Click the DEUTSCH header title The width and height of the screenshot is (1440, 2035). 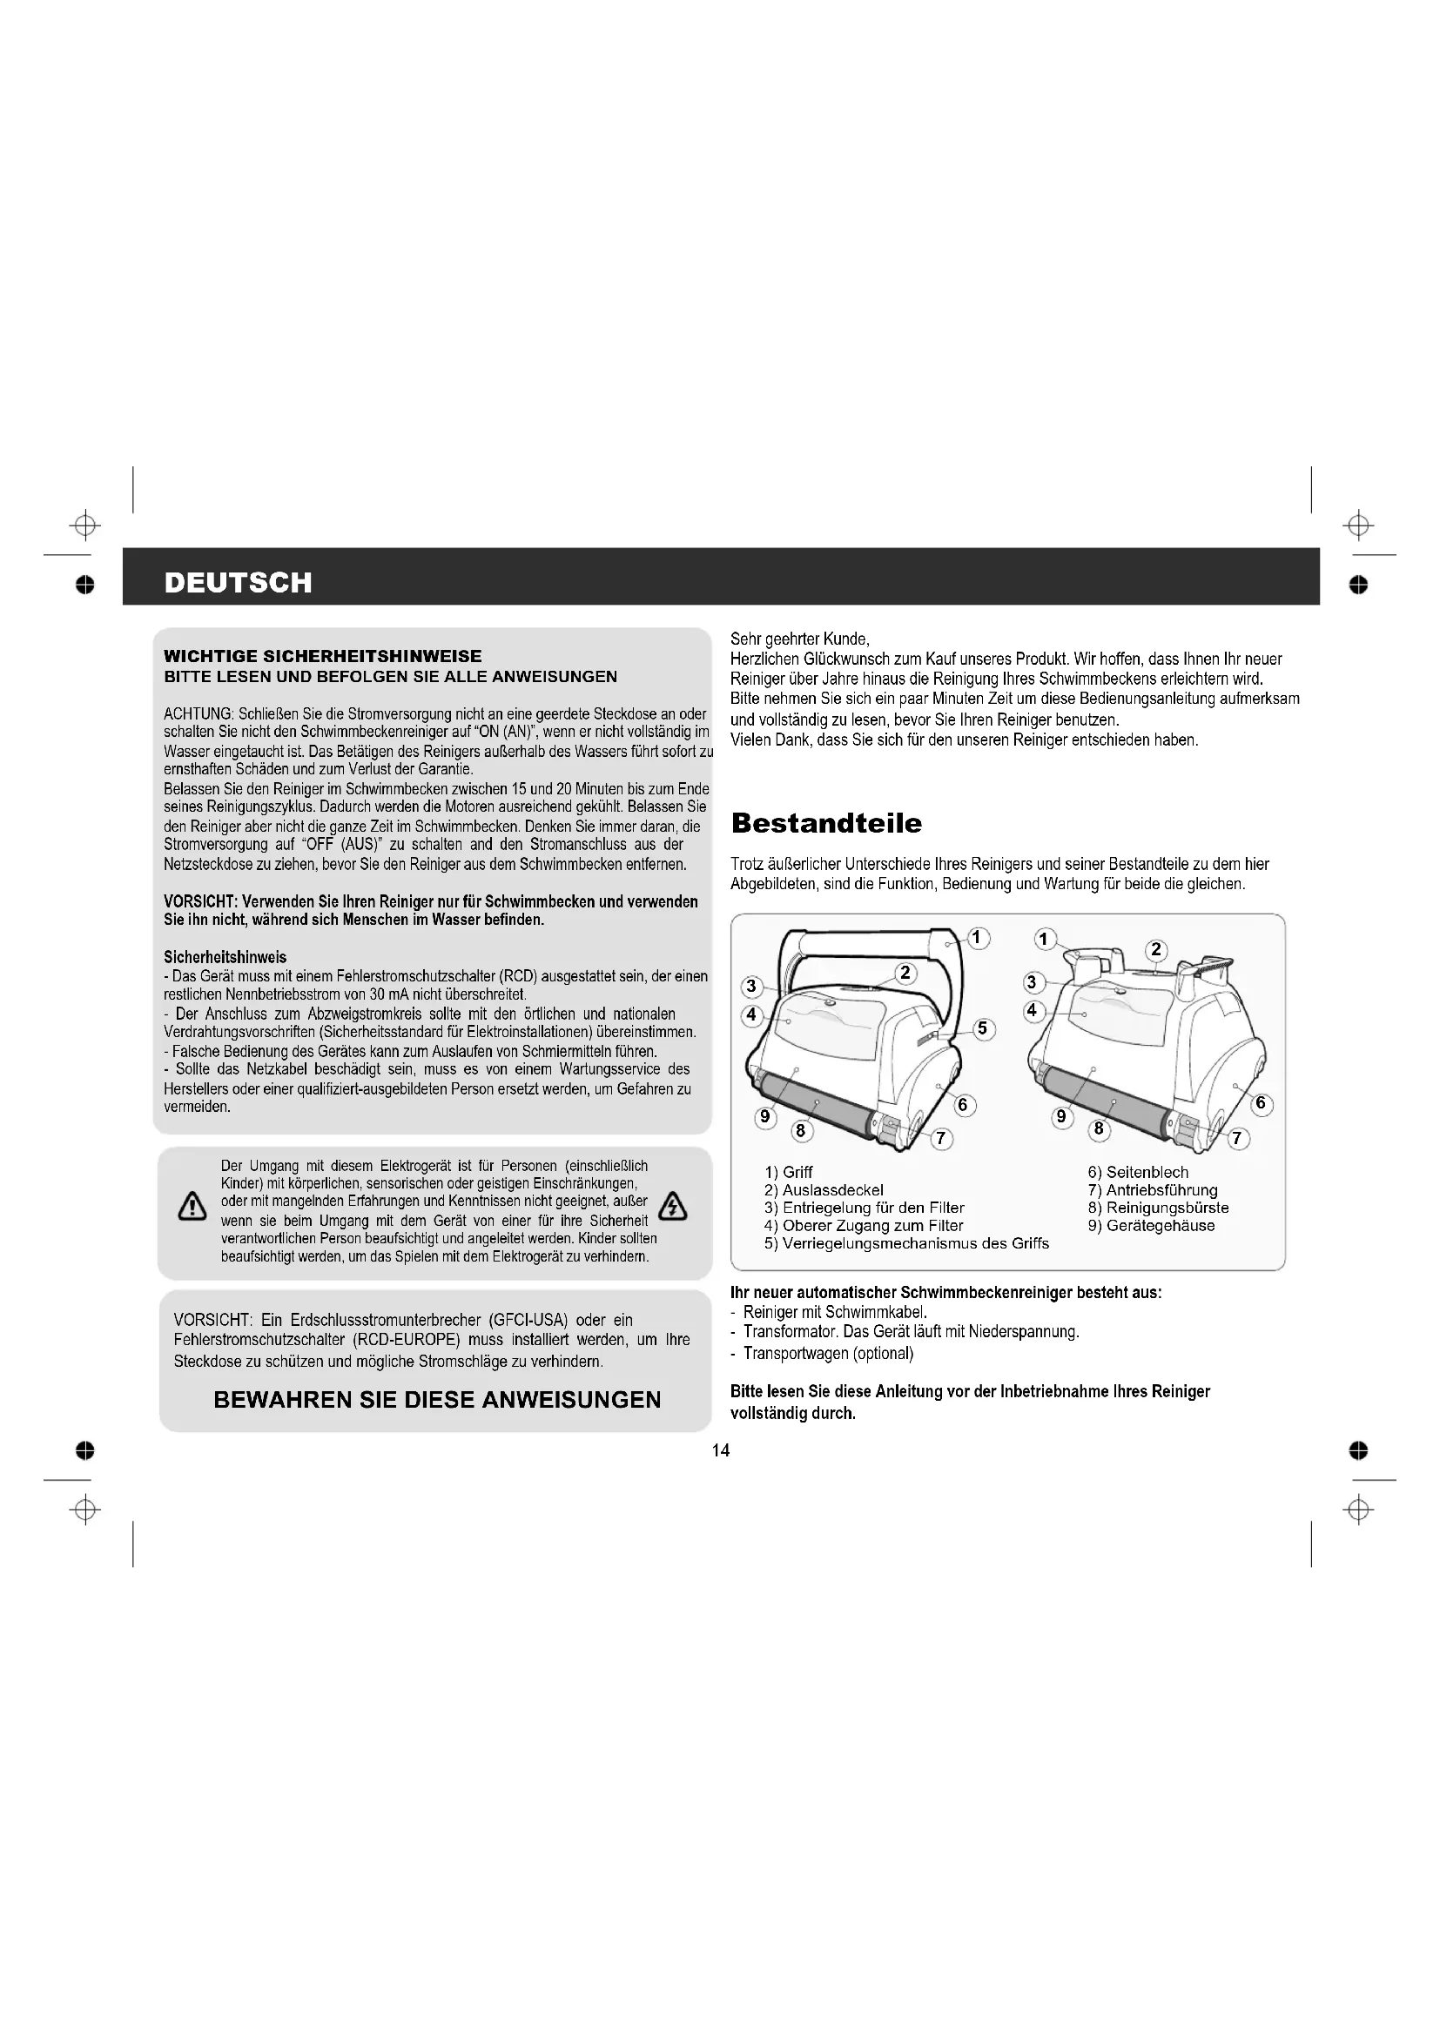tap(239, 582)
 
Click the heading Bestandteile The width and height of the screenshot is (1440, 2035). tap(825, 822)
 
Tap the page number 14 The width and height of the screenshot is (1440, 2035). tap(720, 1450)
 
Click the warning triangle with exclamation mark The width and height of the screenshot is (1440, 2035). tap(192, 1208)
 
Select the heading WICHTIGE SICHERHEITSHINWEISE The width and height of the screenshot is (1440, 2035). tap(323, 656)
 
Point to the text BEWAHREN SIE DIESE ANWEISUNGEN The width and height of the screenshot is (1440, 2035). tap(437, 1400)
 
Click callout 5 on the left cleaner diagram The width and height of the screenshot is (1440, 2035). tap(981, 1029)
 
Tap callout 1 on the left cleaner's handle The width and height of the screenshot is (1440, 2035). tap(978, 938)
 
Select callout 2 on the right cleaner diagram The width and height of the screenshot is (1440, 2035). tap(1155, 949)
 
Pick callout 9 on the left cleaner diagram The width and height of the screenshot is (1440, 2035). tap(764, 1117)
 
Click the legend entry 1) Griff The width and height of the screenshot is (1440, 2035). tap(788, 1172)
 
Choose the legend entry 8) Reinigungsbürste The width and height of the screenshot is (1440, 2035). tap(1158, 1208)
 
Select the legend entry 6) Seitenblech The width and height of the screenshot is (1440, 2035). tap(1138, 1172)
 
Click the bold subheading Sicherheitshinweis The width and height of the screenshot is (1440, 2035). tap(225, 957)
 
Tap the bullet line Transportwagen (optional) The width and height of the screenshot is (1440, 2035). tap(827, 1354)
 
